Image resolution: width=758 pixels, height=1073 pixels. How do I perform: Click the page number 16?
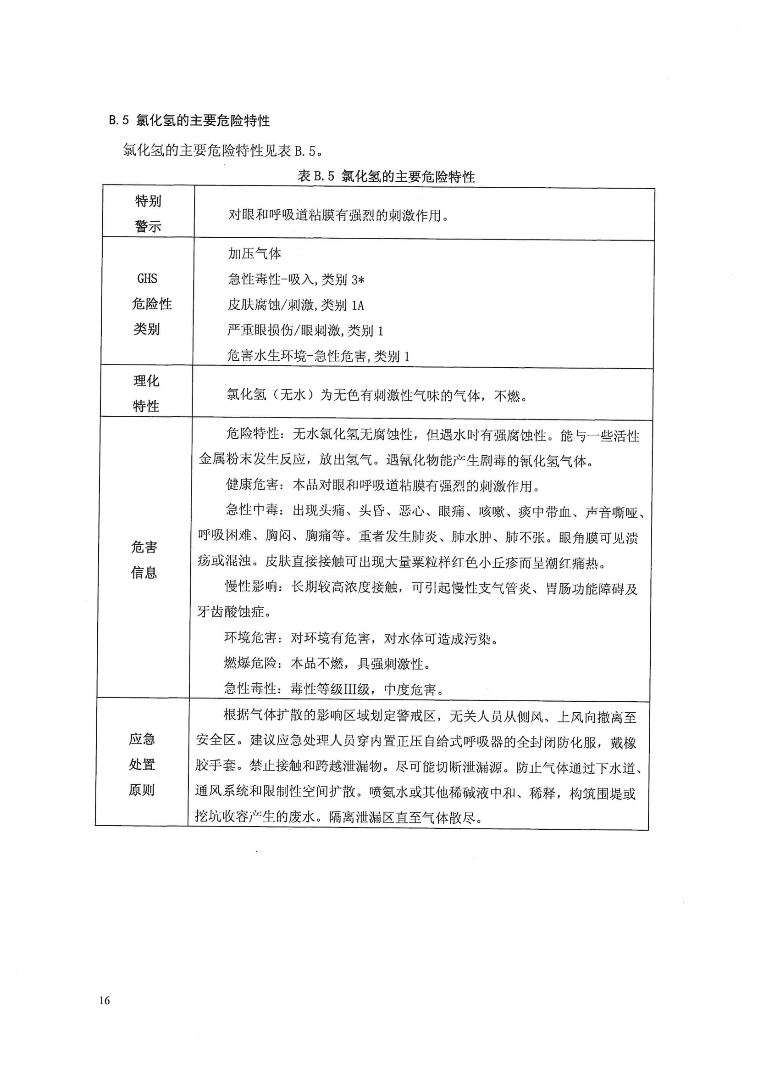click(x=104, y=1000)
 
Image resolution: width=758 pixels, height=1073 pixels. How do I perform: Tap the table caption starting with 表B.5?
click(x=386, y=177)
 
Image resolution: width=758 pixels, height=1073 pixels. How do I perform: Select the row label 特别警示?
click(x=148, y=213)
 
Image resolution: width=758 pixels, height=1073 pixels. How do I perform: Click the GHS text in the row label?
click(x=147, y=279)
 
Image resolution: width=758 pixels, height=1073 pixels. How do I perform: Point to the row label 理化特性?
click(x=146, y=393)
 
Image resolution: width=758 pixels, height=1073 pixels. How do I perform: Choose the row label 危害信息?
click(x=144, y=559)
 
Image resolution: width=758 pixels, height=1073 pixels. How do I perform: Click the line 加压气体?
click(x=255, y=254)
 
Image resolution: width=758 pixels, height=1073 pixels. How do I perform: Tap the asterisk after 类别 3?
click(x=361, y=280)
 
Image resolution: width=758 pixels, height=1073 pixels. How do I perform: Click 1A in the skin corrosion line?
click(x=357, y=306)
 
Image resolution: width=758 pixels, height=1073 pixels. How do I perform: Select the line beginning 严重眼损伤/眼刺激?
click(x=305, y=331)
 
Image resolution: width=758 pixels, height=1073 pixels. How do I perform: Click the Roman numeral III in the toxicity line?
click(x=350, y=689)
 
